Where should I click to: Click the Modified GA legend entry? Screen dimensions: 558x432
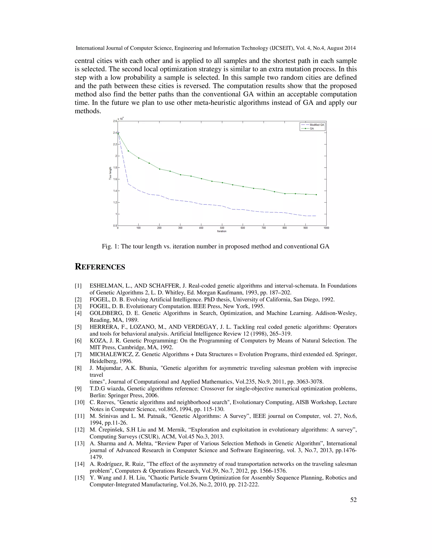click(x=317, y=125)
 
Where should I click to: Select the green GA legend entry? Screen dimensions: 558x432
click(x=312, y=128)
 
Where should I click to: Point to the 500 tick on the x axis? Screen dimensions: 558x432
click(x=222, y=228)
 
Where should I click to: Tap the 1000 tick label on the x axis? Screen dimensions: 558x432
click(x=326, y=228)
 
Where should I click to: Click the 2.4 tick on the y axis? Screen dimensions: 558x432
click(x=115, y=133)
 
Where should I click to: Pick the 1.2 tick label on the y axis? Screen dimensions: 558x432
click(x=115, y=202)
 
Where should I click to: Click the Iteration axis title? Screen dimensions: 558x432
click(x=222, y=231)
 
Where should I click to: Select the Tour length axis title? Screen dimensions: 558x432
click(x=110, y=173)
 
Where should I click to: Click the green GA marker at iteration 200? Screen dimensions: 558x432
click(x=160, y=169)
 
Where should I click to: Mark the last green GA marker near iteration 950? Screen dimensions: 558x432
click(x=316, y=195)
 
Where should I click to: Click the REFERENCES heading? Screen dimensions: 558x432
click(x=100, y=267)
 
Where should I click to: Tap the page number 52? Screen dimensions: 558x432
click(x=353, y=500)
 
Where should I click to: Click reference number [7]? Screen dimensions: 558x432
click(x=78, y=354)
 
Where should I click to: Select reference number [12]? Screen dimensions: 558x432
click(x=79, y=430)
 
